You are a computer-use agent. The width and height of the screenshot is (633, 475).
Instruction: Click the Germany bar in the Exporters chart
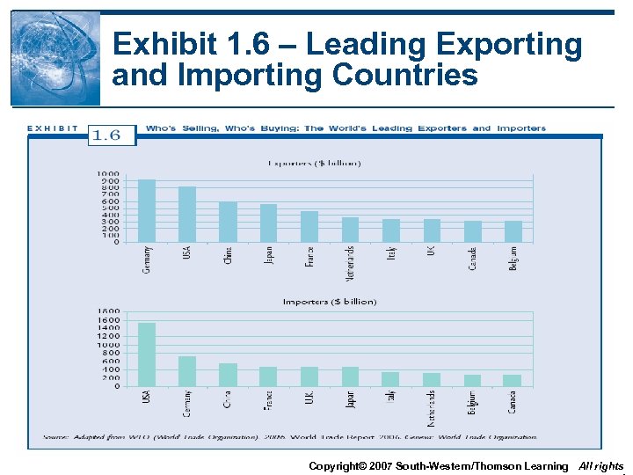click(147, 211)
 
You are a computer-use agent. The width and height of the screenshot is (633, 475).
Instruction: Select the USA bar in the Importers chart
click(147, 354)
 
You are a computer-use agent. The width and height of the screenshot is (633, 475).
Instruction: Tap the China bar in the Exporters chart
click(228, 222)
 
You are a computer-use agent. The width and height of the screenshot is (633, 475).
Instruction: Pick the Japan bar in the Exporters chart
click(268, 223)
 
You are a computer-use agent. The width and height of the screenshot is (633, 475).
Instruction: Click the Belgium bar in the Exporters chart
click(513, 231)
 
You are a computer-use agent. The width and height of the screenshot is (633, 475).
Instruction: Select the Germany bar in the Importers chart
click(187, 371)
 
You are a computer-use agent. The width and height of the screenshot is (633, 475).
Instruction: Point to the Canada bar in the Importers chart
click(512, 380)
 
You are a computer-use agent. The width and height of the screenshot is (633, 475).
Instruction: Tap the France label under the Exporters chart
click(309, 256)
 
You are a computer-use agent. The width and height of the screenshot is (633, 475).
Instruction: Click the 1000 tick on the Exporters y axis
click(108, 174)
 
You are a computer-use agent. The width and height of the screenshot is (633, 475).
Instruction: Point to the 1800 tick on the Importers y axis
click(108, 311)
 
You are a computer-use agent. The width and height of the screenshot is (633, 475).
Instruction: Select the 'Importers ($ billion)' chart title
click(330, 302)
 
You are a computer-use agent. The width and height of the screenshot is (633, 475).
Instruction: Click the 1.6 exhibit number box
click(113, 135)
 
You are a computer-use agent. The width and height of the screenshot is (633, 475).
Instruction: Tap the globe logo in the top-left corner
click(55, 57)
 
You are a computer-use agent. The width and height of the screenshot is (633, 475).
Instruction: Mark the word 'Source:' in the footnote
click(58, 437)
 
